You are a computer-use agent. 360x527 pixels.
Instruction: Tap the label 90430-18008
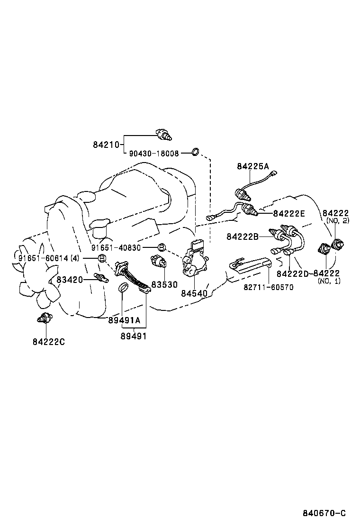pyautogui.click(x=153, y=154)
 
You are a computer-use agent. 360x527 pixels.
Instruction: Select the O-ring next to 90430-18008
pyautogui.click(x=195, y=152)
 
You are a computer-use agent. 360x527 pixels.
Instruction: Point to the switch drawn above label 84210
pyautogui.click(x=163, y=135)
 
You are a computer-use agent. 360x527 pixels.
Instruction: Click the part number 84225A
pyautogui.click(x=252, y=166)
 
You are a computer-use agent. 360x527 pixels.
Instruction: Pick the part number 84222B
pyautogui.click(x=242, y=236)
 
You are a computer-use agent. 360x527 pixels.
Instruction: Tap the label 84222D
pyautogui.click(x=292, y=274)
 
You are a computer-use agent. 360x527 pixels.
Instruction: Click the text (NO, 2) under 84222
pyautogui.click(x=338, y=221)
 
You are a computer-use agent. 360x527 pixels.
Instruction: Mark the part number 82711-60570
pyautogui.click(x=269, y=287)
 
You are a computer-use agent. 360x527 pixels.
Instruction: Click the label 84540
pyautogui.click(x=194, y=293)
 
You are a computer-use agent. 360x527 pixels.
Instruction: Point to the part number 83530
pyautogui.click(x=164, y=284)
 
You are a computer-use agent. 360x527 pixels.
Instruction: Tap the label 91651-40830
pyautogui.click(x=116, y=248)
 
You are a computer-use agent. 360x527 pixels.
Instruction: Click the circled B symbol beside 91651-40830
pyautogui.click(x=161, y=247)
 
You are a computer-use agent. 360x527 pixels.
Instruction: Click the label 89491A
pyautogui.click(x=124, y=320)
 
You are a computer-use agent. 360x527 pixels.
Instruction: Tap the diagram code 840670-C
pyautogui.click(x=324, y=513)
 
